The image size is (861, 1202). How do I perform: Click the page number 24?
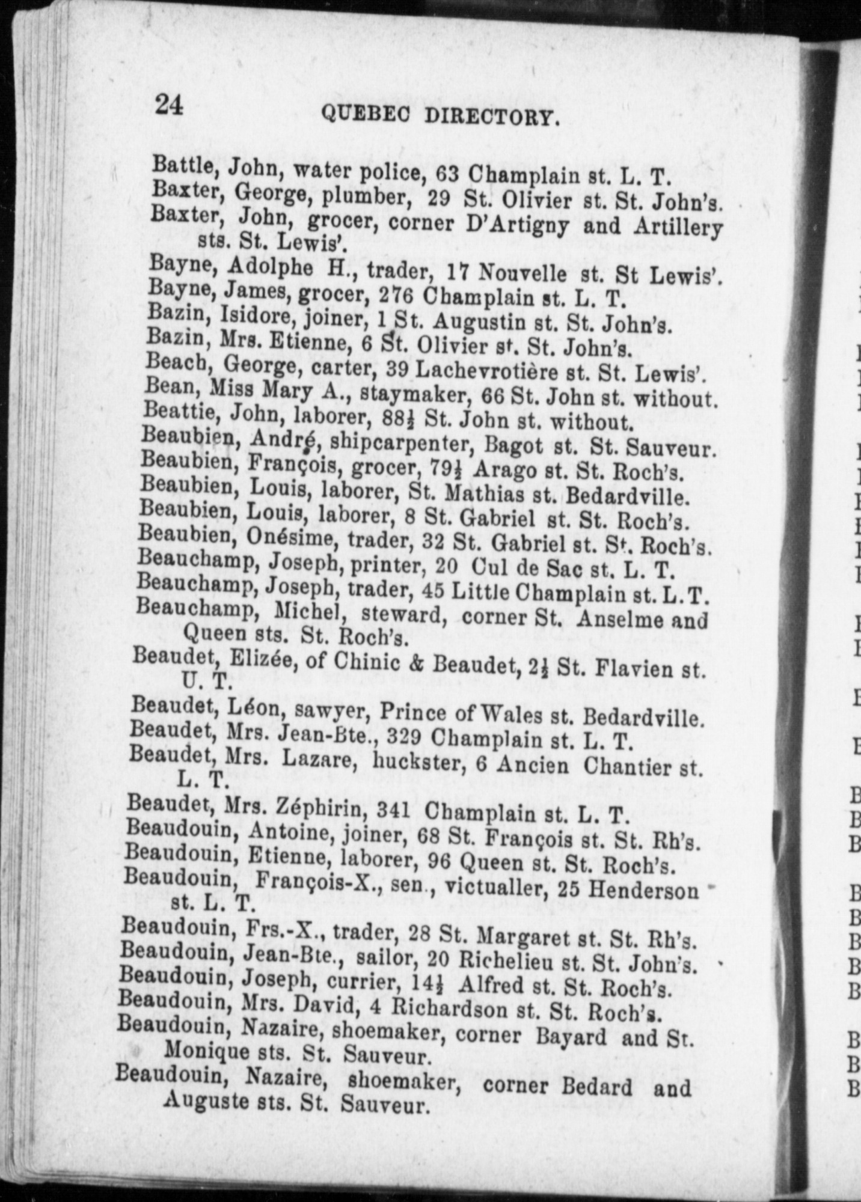pos(169,105)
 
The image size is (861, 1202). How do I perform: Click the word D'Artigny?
pos(509,225)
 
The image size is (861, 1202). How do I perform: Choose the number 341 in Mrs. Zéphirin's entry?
pos(393,810)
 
